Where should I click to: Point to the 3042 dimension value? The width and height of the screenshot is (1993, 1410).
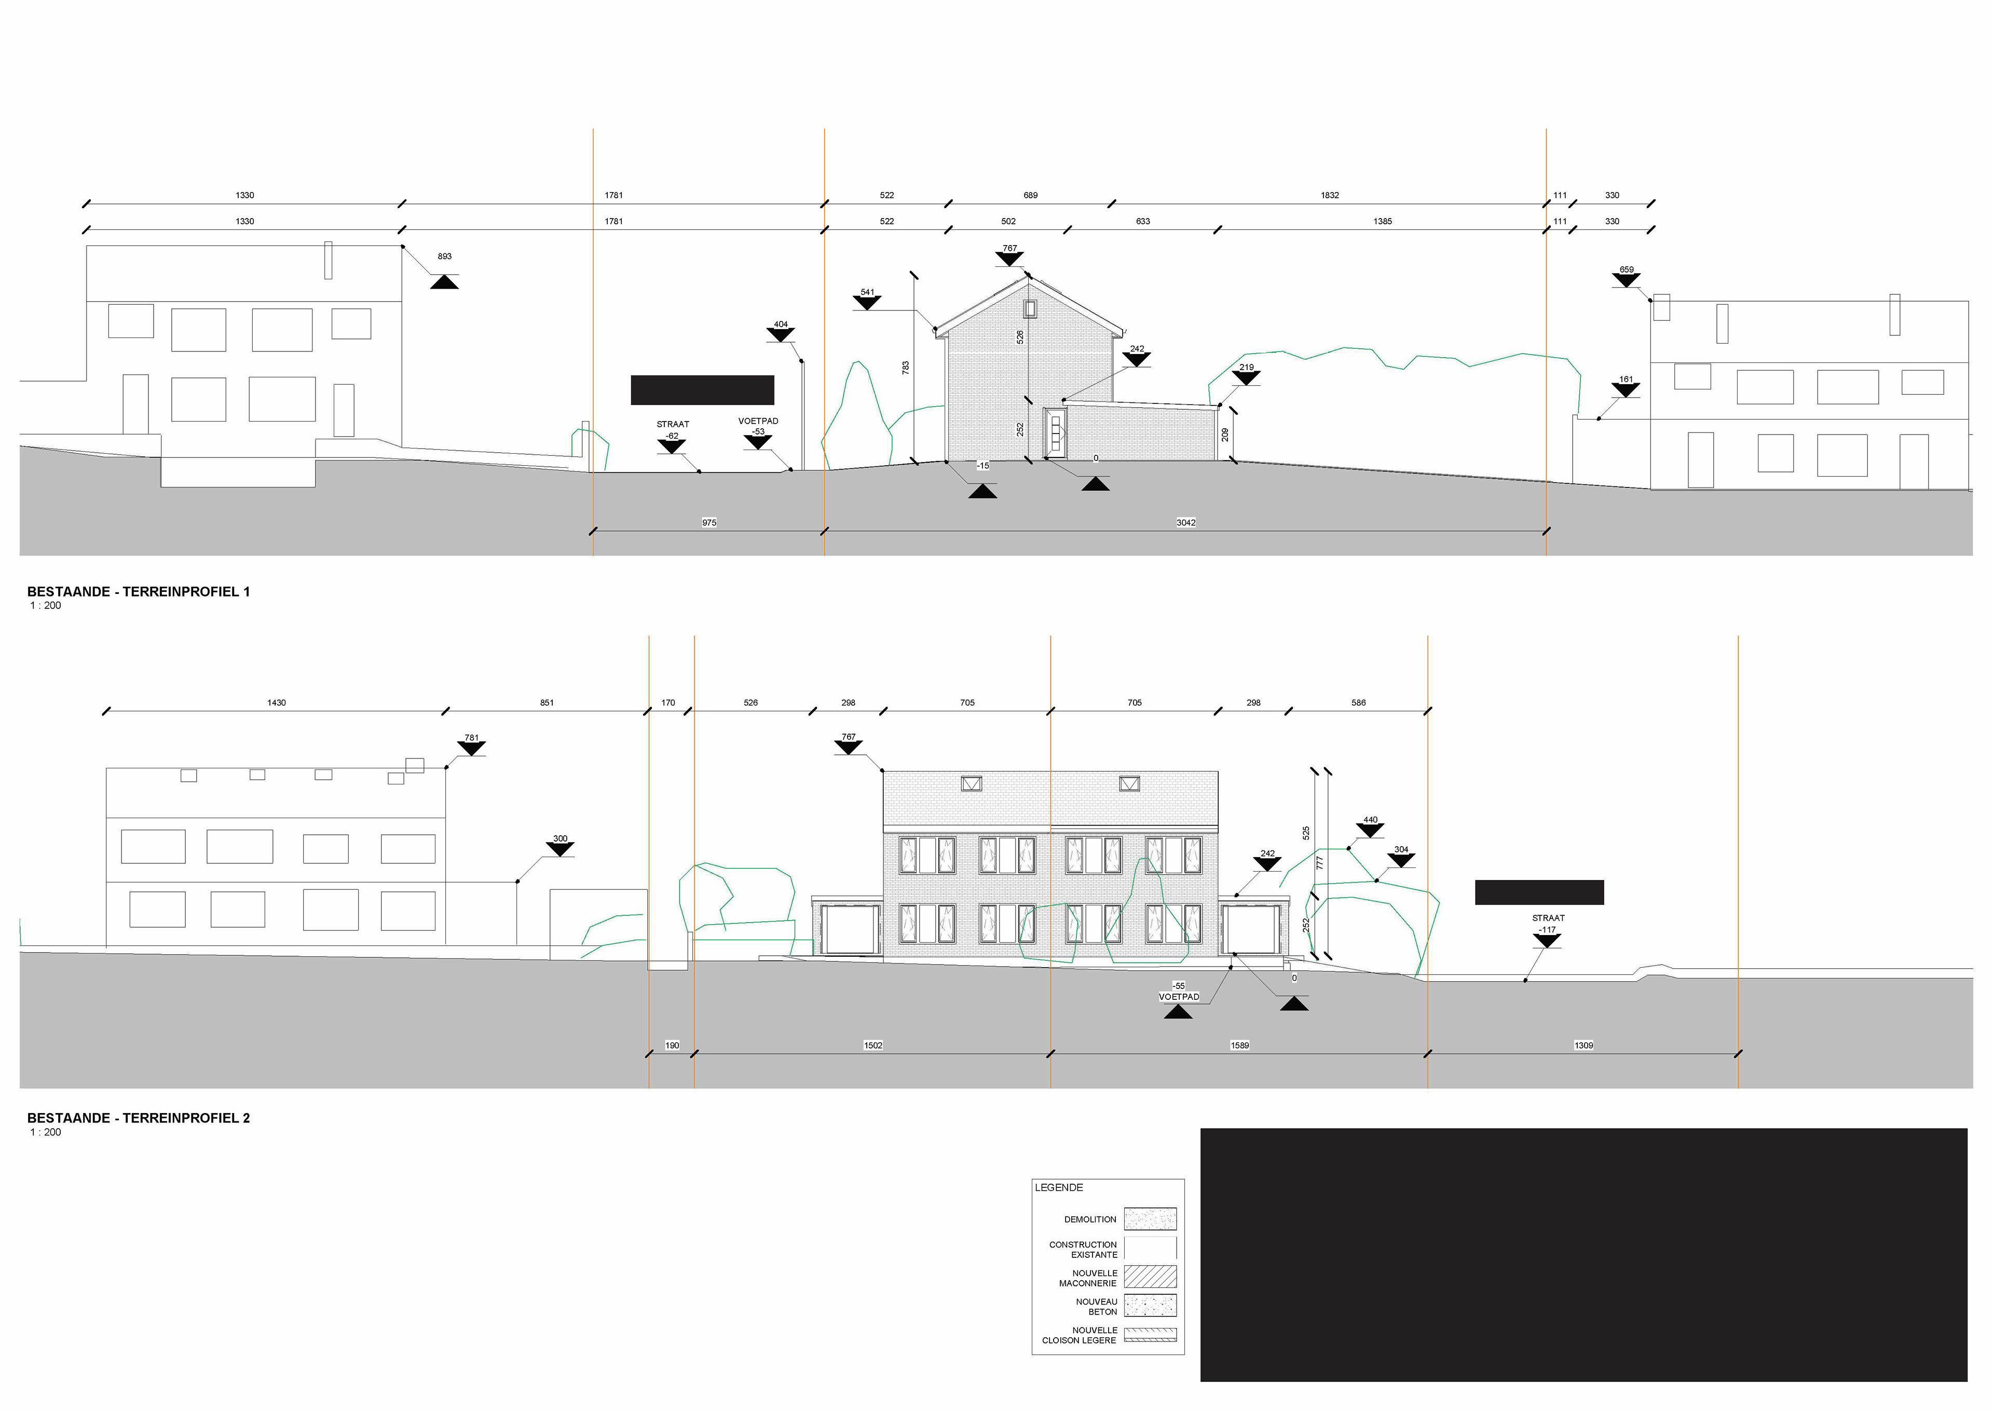pyautogui.click(x=1186, y=523)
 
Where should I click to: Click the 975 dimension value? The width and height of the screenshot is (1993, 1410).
pyautogui.click(x=709, y=523)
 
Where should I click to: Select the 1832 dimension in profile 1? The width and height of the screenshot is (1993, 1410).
pyautogui.click(x=1329, y=195)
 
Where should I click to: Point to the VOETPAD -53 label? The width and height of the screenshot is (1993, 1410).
pyautogui.click(x=758, y=426)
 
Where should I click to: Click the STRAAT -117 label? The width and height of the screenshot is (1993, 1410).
pyautogui.click(x=1548, y=924)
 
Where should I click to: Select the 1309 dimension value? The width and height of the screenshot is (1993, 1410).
pyautogui.click(x=1584, y=1046)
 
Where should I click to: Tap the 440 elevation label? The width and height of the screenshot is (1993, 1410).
pyautogui.click(x=1370, y=820)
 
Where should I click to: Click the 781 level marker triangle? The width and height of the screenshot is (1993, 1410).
pyautogui.click(x=471, y=749)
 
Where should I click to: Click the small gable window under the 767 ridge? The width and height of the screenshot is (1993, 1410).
pyautogui.click(x=1030, y=308)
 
